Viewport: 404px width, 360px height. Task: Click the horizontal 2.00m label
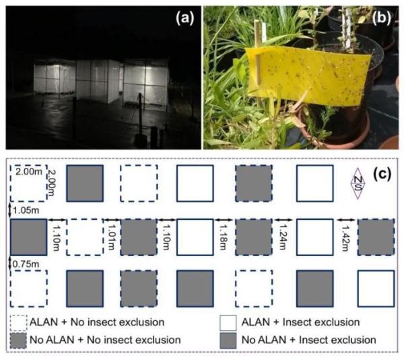[28, 171]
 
